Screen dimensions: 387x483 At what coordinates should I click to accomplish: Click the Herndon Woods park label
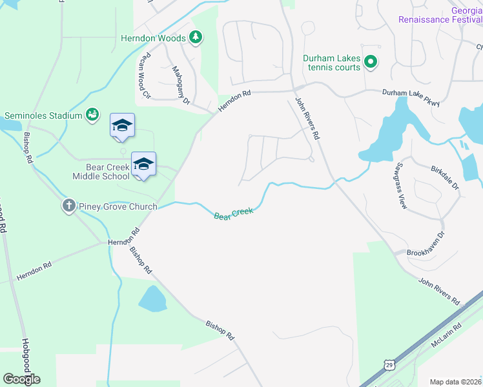pos(153,38)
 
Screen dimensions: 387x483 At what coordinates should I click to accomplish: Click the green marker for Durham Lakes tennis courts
pos(371,63)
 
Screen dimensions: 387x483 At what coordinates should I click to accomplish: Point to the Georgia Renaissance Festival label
pos(440,15)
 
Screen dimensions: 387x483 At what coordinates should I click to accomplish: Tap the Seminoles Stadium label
pos(43,115)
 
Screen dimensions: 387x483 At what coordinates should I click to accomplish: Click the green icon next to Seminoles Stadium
pos(92,115)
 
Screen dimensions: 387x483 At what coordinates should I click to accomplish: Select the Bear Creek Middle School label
pos(101,172)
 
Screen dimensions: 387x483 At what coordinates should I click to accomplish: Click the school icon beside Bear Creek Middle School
pos(143,165)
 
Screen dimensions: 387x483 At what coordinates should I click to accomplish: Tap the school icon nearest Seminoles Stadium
pos(121,126)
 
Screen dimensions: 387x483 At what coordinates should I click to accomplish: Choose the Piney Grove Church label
pos(118,206)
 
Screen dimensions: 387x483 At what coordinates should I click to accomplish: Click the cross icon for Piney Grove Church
pos(69,206)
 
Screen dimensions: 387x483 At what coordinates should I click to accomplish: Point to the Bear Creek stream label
pos(233,212)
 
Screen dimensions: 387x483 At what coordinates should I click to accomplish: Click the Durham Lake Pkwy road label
pos(411,97)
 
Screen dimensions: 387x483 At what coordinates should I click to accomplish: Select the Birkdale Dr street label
pos(444,177)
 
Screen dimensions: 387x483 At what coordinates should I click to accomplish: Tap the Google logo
pos(22,379)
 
